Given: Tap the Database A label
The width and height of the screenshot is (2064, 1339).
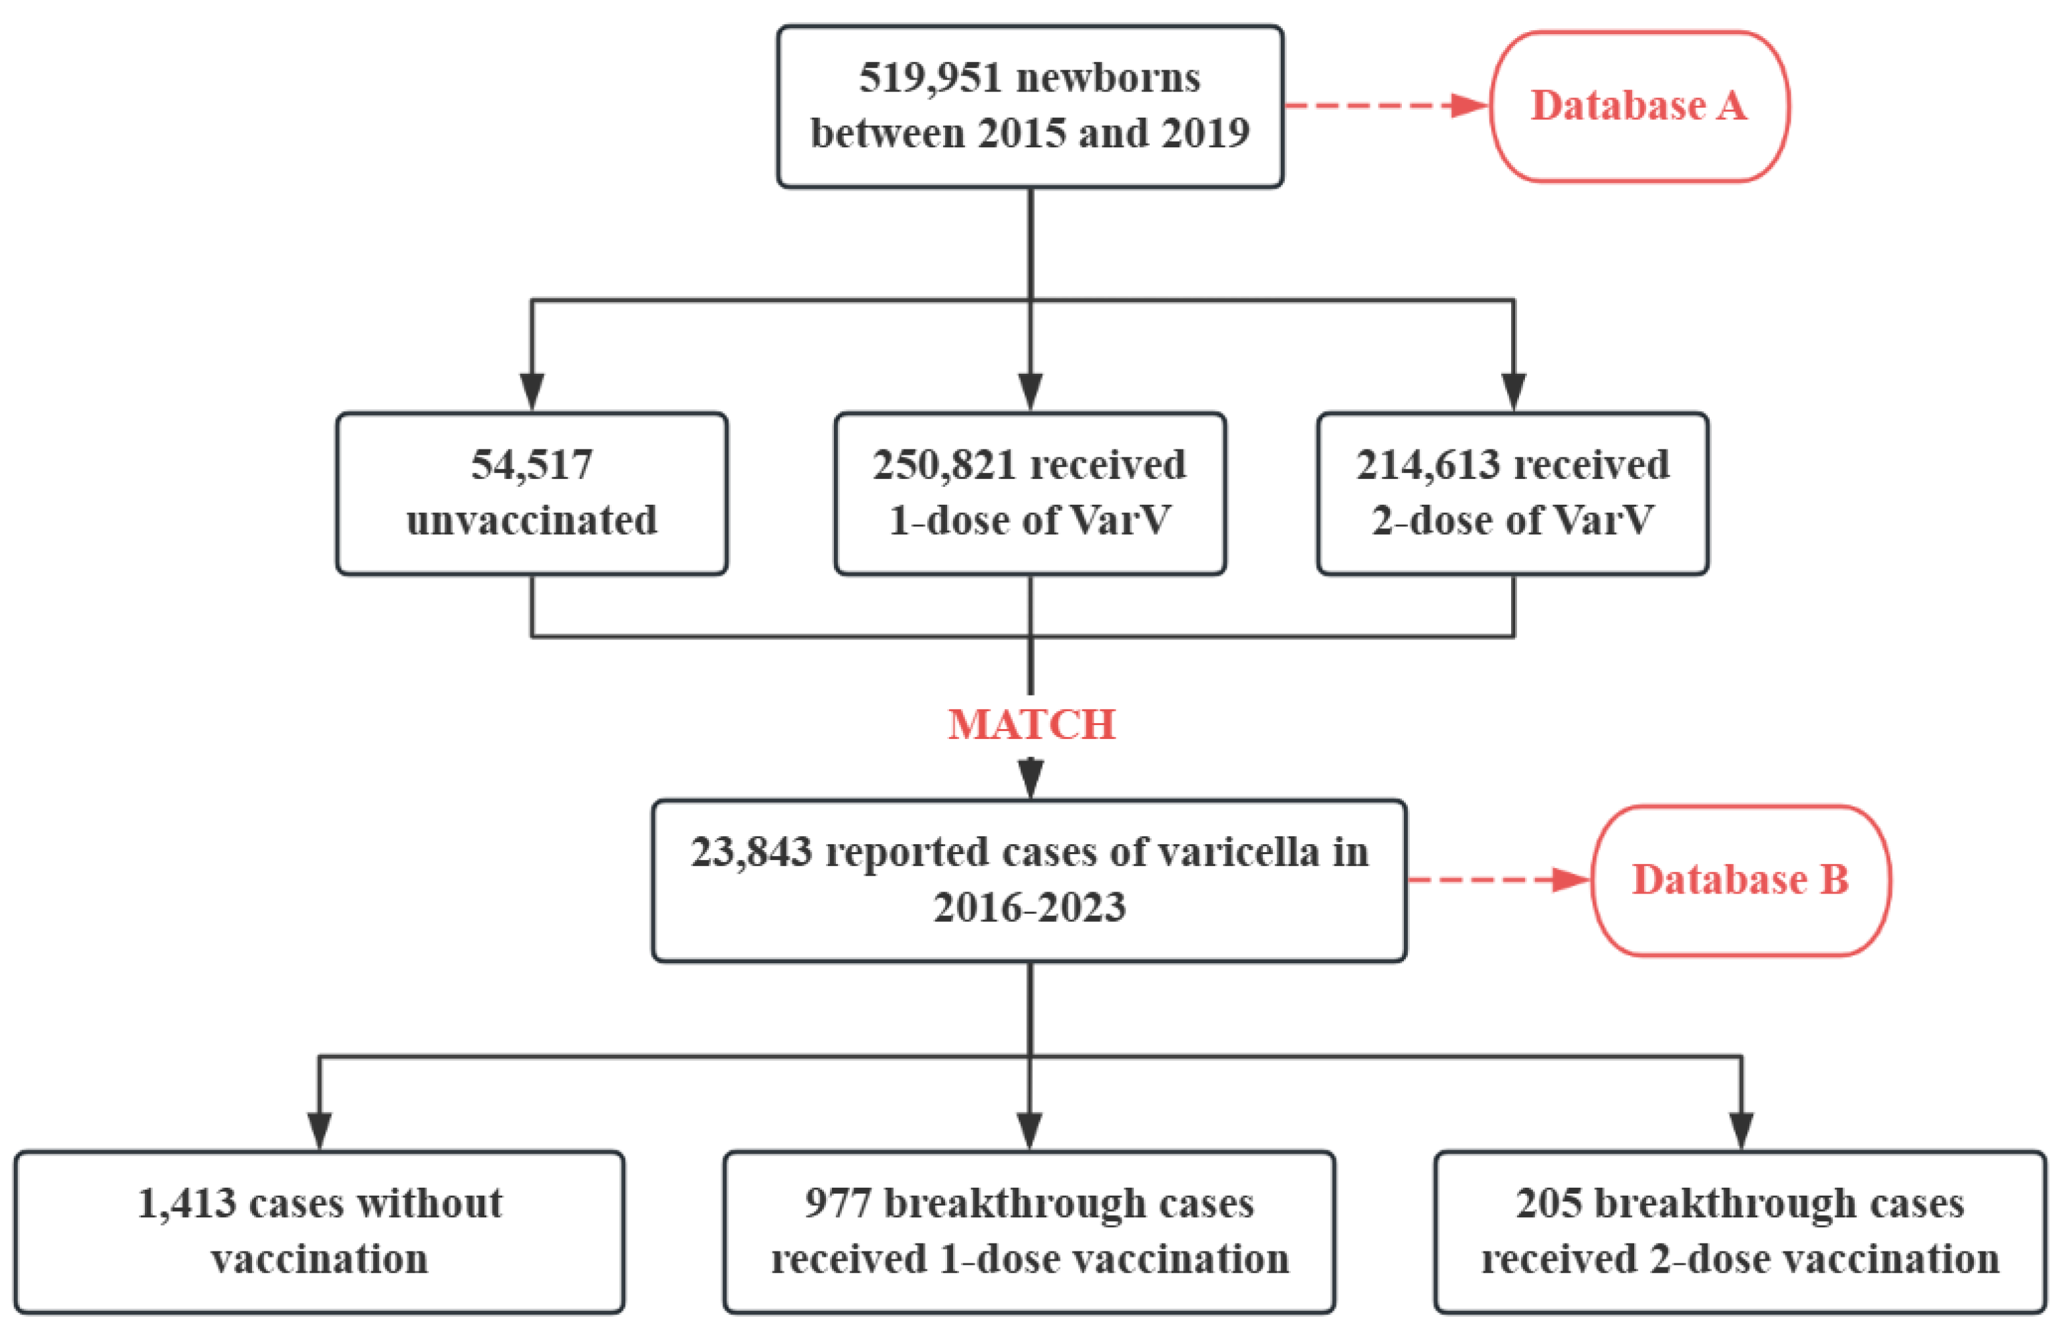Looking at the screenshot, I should click(1638, 106).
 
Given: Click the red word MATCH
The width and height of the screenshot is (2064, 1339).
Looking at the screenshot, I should click(1031, 724).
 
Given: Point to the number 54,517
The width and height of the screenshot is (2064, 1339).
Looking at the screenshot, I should click(532, 465).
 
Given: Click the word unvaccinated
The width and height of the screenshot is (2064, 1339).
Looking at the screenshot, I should click(532, 520).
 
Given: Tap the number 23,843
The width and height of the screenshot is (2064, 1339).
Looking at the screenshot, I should click(751, 851).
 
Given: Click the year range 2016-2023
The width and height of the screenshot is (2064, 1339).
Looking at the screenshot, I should click(1029, 907).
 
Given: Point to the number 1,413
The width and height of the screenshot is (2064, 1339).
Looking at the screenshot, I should click(186, 1203).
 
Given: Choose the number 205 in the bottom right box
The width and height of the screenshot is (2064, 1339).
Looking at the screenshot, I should click(1548, 1203).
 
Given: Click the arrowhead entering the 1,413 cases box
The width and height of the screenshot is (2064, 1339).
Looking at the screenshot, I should click(319, 1129).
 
